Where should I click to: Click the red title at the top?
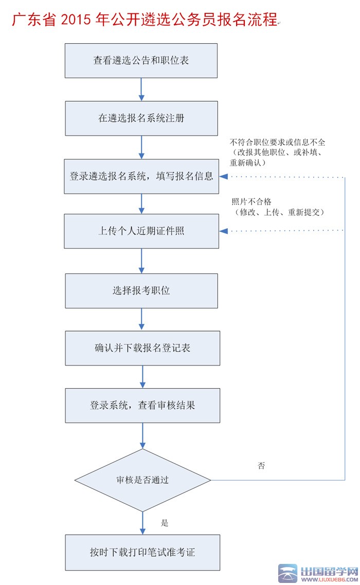tap(145, 20)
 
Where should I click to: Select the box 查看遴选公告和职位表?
tap(141, 61)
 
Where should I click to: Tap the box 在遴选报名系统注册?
tap(141, 118)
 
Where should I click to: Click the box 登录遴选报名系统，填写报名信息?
tap(141, 176)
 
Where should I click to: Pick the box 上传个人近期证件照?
tap(141, 231)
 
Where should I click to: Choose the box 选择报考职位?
tap(141, 291)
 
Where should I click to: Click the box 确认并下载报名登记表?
tap(142, 348)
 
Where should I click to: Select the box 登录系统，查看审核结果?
tap(142, 406)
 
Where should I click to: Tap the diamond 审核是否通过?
tap(142, 481)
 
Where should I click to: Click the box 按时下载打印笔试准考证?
tap(142, 553)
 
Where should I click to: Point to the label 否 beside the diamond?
tap(261, 466)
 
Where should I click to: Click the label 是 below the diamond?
tap(165, 523)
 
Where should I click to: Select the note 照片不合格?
tap(278, 207)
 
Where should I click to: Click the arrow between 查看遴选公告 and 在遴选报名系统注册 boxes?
tap(141, 89)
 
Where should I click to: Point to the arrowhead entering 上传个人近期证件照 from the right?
tap(224, 231)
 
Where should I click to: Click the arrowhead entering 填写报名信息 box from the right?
tap(224, 177)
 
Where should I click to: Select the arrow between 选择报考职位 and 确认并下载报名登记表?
tap(142, 319)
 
